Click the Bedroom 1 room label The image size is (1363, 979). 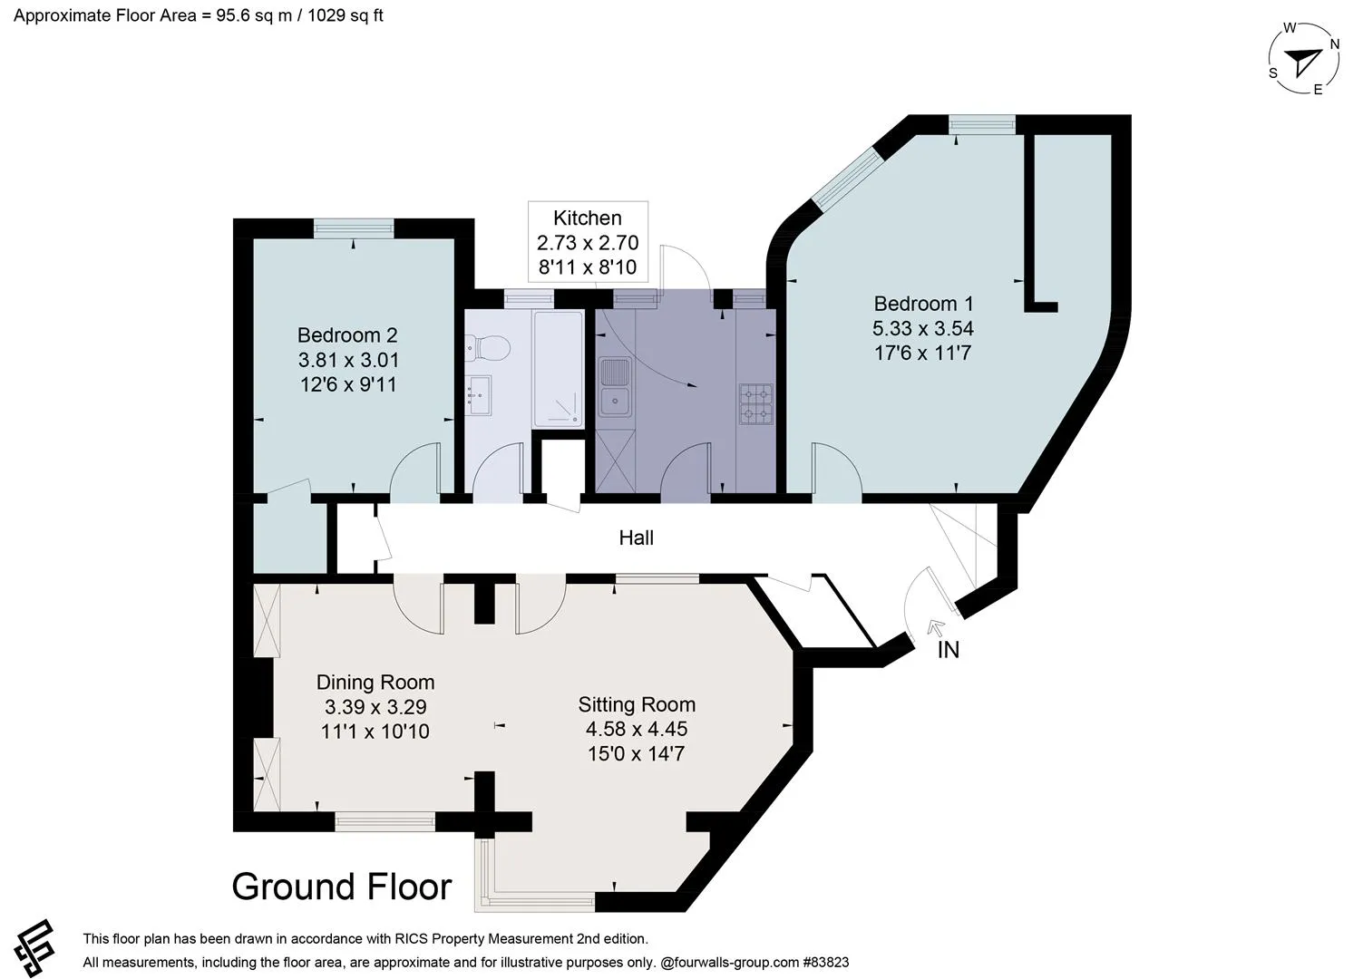pos(923,304)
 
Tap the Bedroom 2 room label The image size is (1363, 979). pos(347,335)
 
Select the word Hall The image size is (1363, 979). pos(636,538)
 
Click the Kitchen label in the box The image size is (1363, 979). pos(587,218)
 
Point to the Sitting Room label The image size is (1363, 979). pos(637,704)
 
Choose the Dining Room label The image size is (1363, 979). pos(375,683)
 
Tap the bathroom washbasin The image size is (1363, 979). pos(478,395)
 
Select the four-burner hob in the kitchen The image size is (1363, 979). pos(755,404)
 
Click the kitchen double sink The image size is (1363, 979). pos(615,387)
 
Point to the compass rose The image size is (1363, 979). pos(1304,59)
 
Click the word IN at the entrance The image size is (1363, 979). pos(948,650)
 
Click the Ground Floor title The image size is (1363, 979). pos(342,886)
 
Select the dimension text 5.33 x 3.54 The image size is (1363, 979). pos(923,328)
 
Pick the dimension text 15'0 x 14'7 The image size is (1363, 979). pos(637,754)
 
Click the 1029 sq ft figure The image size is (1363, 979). pos(345,15)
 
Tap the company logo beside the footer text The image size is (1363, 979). pos(34,947)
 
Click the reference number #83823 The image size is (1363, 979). pos(826,962)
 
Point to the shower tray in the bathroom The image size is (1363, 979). pos(558,369)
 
